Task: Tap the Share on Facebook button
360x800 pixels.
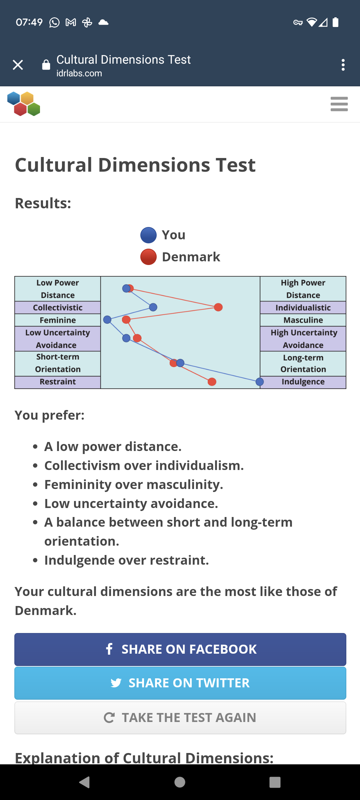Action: coord(180,649)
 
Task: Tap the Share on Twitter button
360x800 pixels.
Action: coord(180,683)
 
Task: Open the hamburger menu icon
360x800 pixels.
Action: coord(339,104)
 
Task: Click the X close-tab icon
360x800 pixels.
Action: coord(18,65)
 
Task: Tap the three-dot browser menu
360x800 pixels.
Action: coord(343,65)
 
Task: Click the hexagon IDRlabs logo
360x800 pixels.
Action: coord(24,104)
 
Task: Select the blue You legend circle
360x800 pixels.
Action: coord(148,235)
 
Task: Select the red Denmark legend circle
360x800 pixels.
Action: coord(148,257)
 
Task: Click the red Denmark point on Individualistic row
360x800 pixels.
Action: coord(218,307)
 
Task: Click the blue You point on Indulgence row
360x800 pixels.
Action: coord(260,382)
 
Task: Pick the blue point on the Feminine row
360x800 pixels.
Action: coord(107,320)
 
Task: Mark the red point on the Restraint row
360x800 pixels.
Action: coord(212,382)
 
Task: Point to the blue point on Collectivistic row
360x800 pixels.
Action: coord(153,307)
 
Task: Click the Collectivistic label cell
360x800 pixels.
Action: coord(58,307)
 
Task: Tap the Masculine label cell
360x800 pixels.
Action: coord(303,320)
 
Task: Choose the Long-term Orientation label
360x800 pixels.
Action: coord(303,364)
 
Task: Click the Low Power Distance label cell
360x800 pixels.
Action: coord(58,289)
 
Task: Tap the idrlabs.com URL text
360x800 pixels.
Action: coord(79,73)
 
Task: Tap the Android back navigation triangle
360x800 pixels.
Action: coord(85,782)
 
